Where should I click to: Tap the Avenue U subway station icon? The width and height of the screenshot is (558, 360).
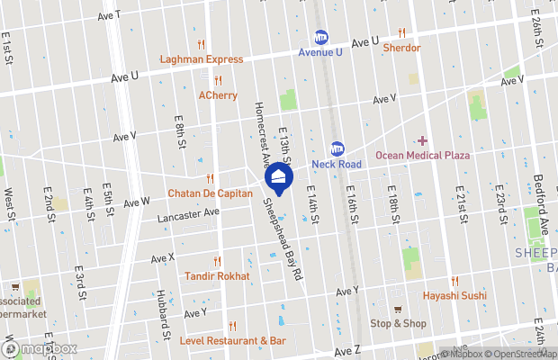[320, 37]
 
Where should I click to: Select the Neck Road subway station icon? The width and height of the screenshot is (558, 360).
[337, 148]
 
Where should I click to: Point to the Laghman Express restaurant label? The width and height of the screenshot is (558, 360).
[202, 59]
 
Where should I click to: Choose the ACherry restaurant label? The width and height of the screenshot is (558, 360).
[218, 94]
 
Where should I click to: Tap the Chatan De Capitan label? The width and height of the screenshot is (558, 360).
[210, 193]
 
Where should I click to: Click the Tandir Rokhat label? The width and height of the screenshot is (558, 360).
[217, 275]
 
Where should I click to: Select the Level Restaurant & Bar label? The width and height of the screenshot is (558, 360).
[232, 341]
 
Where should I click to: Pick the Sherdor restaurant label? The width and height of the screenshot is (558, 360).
[401, 48]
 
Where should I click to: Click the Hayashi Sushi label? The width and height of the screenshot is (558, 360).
[454, 295]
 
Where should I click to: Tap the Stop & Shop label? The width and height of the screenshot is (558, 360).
[398, 324]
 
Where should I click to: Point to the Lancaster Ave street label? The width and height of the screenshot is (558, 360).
[188, 215]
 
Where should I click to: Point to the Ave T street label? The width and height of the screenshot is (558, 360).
[109, 16]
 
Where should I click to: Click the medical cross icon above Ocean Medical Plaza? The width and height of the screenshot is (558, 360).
[421, 140]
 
